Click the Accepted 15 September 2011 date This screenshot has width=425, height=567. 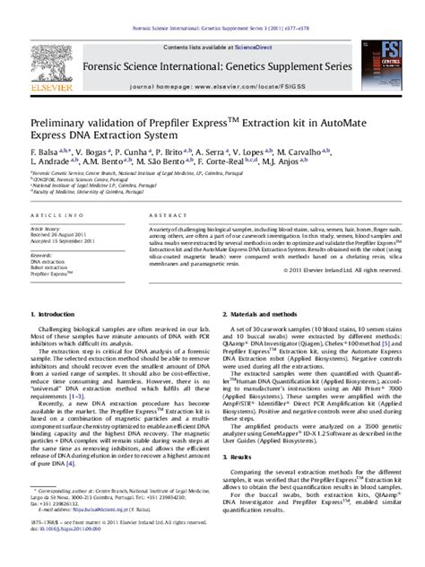click(x=66, y=241)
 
